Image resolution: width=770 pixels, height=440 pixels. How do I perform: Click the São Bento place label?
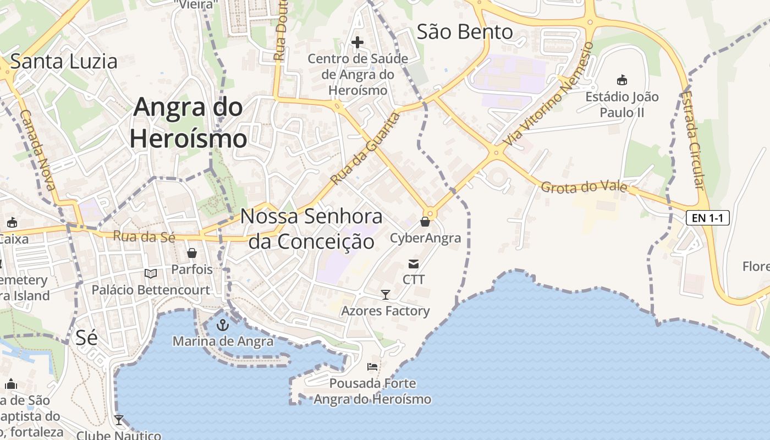pyautogui.click(x=465, y=32)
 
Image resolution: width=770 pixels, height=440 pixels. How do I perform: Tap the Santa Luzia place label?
pyautogui.click(x=64, y=61)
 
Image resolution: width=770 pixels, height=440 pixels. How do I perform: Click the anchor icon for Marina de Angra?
pyautogui.click(x=222, y=325)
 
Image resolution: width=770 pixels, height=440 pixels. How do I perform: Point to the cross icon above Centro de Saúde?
pyautogui.click(x=358, y=42)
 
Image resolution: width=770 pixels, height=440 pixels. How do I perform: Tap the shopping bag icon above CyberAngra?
pyautogui.click(x=425, y=222)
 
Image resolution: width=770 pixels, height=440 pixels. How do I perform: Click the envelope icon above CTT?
pyautogui.click(x=413, y=264)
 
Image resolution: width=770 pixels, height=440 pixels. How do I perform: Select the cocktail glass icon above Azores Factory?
pyautogui.click(x=386, y=295)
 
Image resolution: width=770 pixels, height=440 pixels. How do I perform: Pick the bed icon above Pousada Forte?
pyautogui.click(x=372, y=367)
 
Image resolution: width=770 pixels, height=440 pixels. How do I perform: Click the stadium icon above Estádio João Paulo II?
pyautogui.click(x=622, y=80)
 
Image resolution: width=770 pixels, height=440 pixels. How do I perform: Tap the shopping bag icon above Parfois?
pyautogui.click(x=192, y=253)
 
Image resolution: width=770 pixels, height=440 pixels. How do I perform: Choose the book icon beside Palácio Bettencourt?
pyautogui.click(x=150, y=273)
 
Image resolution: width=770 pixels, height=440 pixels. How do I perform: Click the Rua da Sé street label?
pyautogui.click(x=144, y=237)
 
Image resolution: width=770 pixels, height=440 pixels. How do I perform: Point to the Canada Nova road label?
pyautogui.click(x=38, y=150)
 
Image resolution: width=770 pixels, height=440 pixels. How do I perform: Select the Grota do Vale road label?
pyautogui.click(x=584, y=187)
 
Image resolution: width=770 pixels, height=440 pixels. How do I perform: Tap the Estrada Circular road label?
pyautogui.click(x=692, y=140)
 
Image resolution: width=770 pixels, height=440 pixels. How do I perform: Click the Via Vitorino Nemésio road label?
pyautogui.click(x=548, y=94)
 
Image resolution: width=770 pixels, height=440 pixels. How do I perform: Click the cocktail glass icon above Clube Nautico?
pyautogui.click(x=119, y=420)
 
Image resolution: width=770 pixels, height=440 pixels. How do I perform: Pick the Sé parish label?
pyautogui.click(x=86, y=337)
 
